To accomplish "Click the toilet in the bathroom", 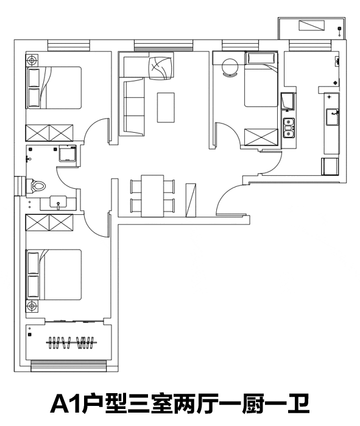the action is (36, 186).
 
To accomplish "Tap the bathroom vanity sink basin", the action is (58, 203).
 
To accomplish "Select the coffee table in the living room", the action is (166, 108).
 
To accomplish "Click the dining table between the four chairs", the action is (152, 196).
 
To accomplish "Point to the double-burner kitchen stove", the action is (288, 128).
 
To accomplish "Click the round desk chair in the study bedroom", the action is (230, 68).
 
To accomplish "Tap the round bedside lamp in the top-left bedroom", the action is (32, 60).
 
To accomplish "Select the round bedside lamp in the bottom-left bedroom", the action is (32, 306).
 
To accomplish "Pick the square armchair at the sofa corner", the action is (160, 68).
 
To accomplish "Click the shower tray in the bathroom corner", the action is (67, 153).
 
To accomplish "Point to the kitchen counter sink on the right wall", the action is (332, 117).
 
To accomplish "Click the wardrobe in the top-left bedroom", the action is (49, 133).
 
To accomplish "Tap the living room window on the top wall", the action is (163, 45).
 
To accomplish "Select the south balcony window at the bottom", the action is (68, 366).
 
